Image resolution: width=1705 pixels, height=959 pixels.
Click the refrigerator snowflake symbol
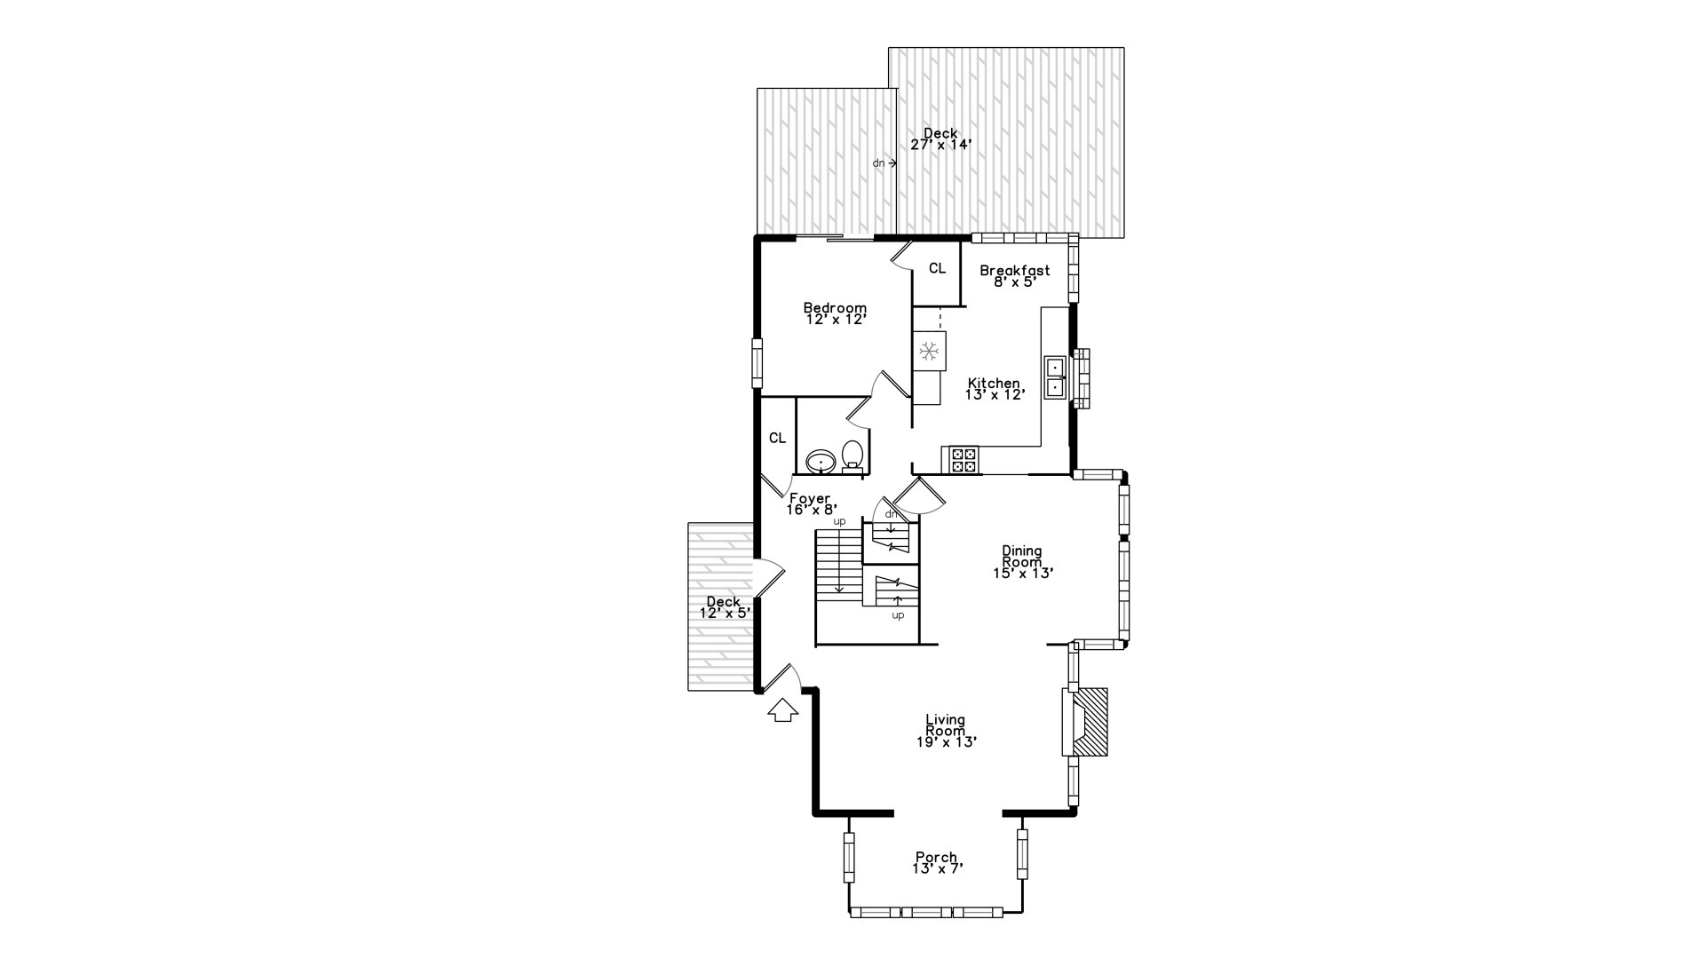pyautogui.click(x=929, y=351)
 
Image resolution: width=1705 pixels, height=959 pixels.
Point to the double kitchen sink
pyautogui.click(x=1055, y=377)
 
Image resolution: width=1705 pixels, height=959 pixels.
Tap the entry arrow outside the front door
pyautogui.click(x=782, y=710)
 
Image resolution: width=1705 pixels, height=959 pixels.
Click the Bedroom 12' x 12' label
pyautogui.click(x=835, y=313)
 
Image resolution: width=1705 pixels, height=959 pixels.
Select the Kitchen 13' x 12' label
pyautogui.click(x=995, y=389)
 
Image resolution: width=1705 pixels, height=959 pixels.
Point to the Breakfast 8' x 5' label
pyautogui.click(x=1014, y=276)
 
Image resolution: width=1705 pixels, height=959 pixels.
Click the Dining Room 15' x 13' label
pyautogui.click(x=1022, y=562)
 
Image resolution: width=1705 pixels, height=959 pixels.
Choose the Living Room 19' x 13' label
pyautogui.click(x=946, y=731)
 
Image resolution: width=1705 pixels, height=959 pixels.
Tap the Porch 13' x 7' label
pyautogui.click(x=937, y=863)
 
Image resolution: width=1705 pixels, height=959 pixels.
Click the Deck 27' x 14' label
pyautogui.click(x=940, y=139)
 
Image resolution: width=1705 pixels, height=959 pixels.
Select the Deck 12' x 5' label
pyautogui.click(x=725, y=607)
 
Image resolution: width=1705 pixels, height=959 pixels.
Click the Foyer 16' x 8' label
pyautogui.click(x=811, y=504)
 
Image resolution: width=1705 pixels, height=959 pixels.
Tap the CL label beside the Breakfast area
pyautogui.click(x=937, y=268)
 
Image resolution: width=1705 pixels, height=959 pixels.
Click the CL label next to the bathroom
pyautogui.click(x=777, y=438)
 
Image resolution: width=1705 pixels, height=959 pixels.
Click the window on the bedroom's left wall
pyautogui.click(x=757, y=363)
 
